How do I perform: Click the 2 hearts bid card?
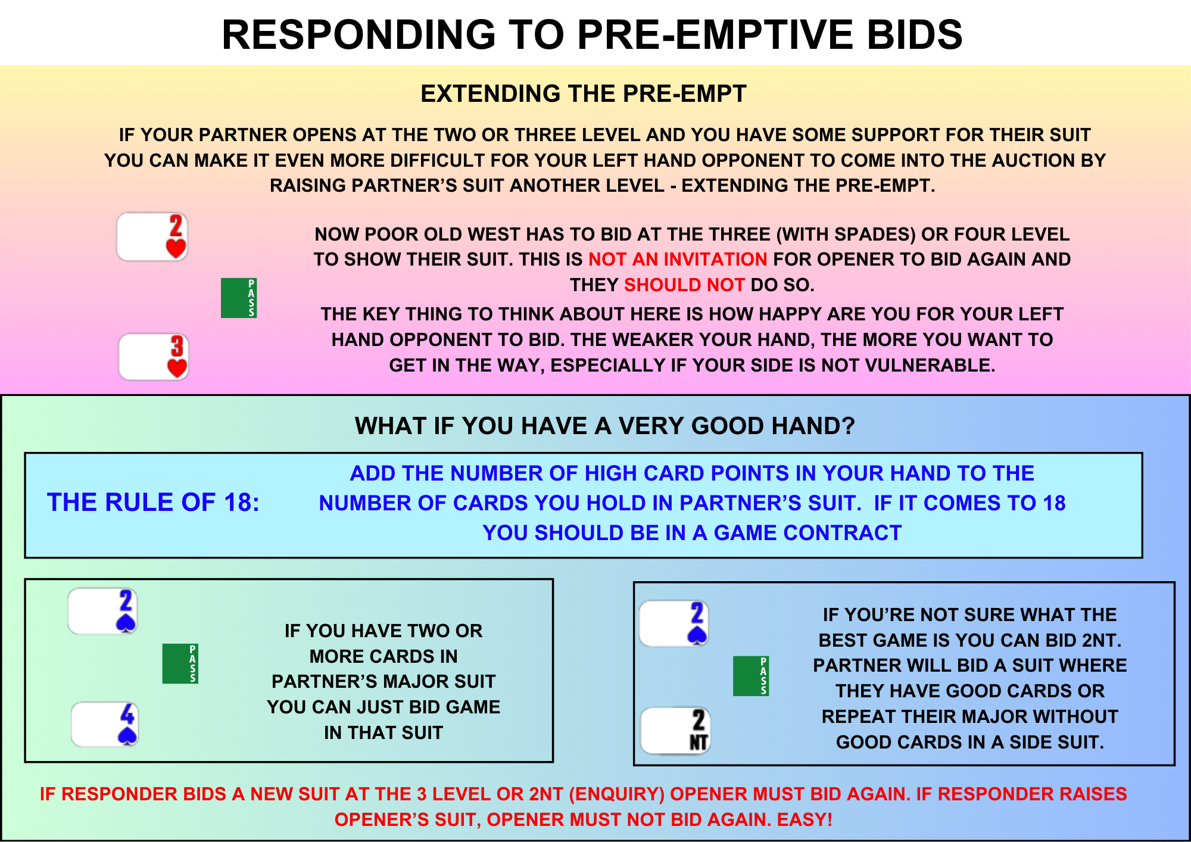tap(152, 236)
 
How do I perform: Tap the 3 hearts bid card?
tap(154, 357)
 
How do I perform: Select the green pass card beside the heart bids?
tap(239, 298)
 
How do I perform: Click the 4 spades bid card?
tap(105, 724)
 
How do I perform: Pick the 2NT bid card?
tap(675, 731)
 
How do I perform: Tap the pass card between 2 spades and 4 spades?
tap(180, 663)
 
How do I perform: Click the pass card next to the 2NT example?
tap(751, 676)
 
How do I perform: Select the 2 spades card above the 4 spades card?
tap(103, 611)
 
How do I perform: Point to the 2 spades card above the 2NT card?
tap(674, 623)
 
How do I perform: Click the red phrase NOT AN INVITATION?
tap(678, 260)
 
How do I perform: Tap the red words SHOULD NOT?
tap(684, 285)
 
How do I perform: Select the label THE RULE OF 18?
tap(153, 503)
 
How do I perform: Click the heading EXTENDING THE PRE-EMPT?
tap(584, 94)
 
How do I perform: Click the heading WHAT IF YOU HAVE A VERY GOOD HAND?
tap(605, 426)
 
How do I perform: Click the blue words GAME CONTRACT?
tap(808, 533)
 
